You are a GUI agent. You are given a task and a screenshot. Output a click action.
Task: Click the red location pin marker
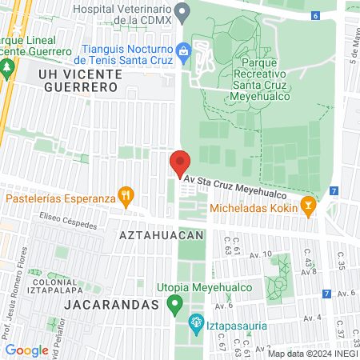180,163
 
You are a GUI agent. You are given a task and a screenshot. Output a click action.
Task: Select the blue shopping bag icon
183,52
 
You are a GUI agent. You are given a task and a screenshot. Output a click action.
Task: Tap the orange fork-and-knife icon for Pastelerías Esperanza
125,194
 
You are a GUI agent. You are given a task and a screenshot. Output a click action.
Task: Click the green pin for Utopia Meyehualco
175,305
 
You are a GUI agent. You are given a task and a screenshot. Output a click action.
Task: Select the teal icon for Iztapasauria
194,324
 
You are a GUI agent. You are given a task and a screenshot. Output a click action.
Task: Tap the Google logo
26,350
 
